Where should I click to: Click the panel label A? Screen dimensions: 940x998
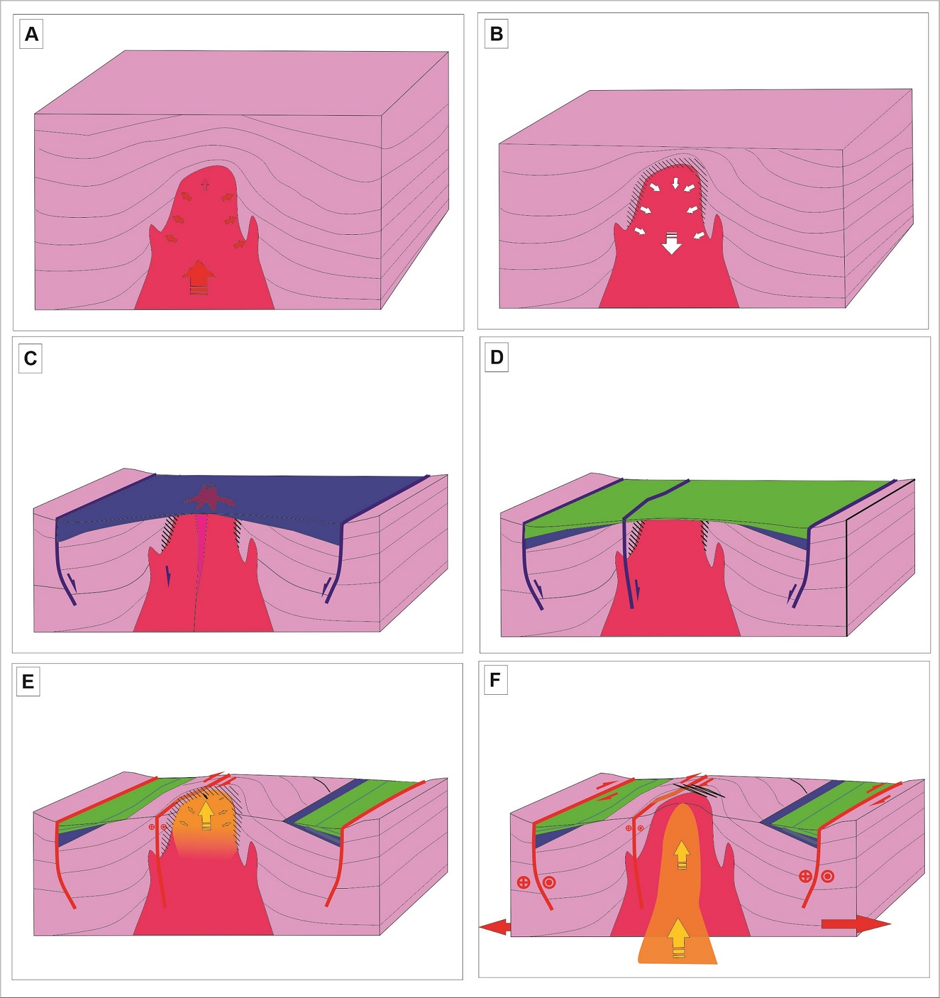pos(31,34)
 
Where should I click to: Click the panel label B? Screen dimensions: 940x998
pos(496,34)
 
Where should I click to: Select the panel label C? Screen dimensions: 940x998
pos(31,358)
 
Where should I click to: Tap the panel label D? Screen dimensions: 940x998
pos(497,357)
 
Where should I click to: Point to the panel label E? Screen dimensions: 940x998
pos(28,681)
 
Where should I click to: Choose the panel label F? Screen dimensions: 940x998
pos(495,680)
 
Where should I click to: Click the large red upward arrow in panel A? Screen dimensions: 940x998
pos(198,278)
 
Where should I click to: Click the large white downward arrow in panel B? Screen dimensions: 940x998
pos(671,243)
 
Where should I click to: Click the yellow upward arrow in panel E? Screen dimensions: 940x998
pos(206,815)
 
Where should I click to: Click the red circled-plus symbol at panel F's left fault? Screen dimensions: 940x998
pos(523,882)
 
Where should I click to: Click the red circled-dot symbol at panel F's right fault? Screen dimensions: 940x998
pos(827,877)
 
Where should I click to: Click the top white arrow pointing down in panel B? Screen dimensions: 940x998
pos(675,183)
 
